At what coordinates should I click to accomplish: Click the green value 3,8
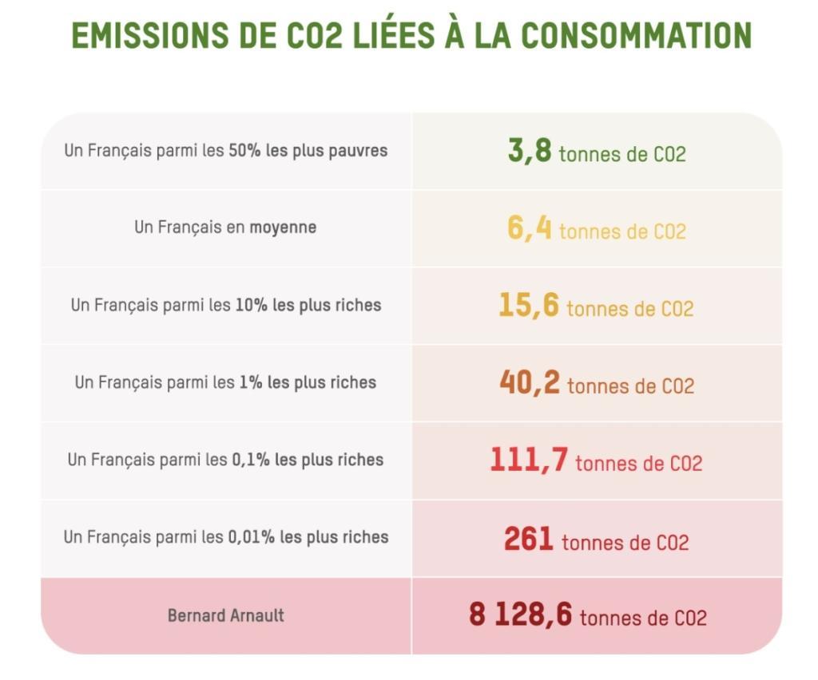tap(530, 151)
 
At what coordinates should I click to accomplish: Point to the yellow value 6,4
tap(530, 228)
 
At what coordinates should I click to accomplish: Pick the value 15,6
tap(529, 306)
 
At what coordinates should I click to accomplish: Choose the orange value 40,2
tap(530, 383)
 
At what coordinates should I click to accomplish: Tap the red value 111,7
tap(529, 461)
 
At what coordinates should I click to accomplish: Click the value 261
tap(529, 539)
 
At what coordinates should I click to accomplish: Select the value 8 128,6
tap(520, 616)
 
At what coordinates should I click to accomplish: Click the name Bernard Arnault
tap(226, 616)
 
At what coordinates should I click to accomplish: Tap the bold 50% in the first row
tap(244, 150)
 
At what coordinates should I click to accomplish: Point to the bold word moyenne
tap(283, 227)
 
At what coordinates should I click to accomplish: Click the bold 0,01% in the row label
tap(251, 537)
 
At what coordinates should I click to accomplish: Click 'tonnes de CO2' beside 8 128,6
tap(643, 619)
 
